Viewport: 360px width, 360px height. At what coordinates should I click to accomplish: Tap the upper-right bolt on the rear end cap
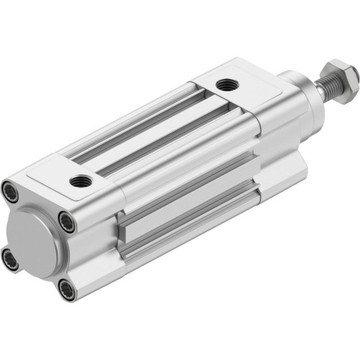(x=66, y=224)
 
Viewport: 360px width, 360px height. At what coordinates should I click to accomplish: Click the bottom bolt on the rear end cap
(x=67, y=289)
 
